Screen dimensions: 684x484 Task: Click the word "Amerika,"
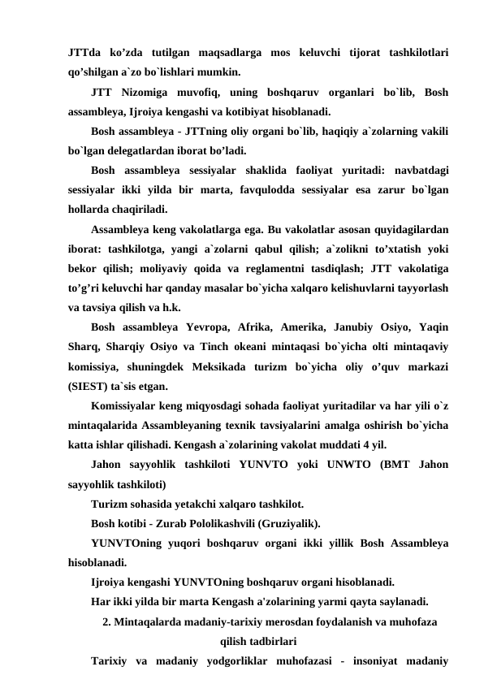(x=341, y=327)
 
